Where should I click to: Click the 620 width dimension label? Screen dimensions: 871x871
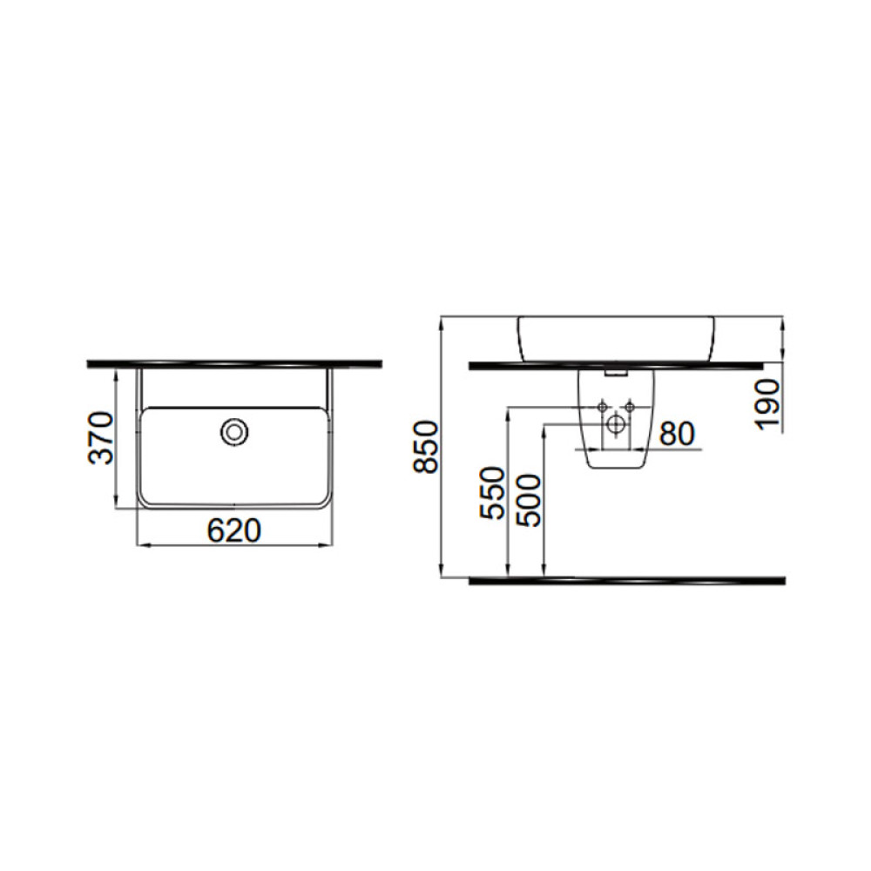(x=233, y=530)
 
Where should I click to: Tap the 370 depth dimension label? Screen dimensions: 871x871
(x=102, y=438)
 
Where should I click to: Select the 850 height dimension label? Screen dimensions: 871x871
(x=426, y=447)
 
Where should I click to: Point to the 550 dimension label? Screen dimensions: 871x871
(x=493, y=493)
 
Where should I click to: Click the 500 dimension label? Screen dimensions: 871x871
(x=528, y=500)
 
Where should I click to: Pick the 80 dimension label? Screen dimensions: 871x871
(x=677, y=434)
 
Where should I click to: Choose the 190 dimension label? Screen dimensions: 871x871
(x=768, y=404)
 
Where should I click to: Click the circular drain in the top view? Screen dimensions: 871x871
(x=234, y=432)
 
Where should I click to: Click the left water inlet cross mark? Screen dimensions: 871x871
(x=602, y=407)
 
